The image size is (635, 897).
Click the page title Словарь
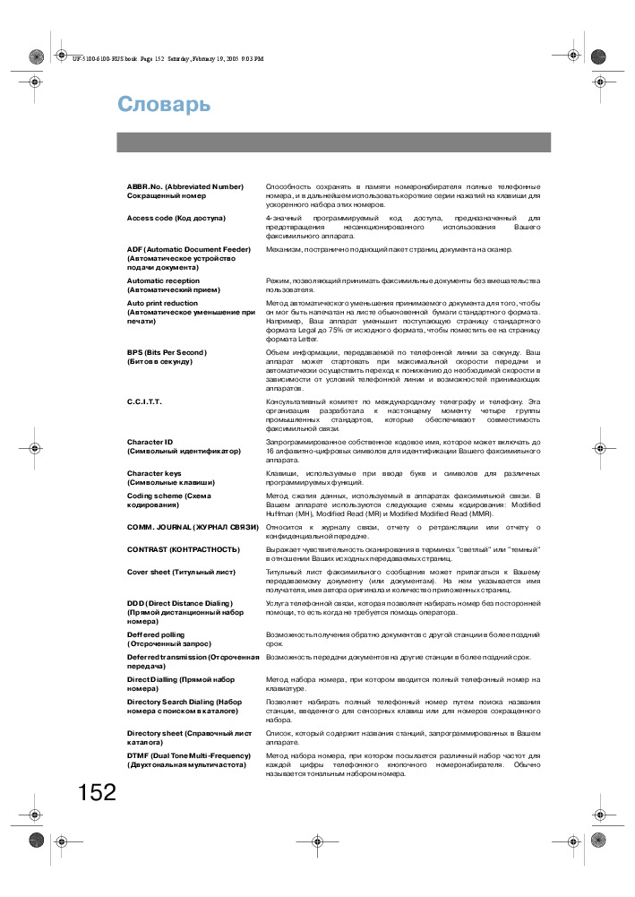click(x=164, y=105)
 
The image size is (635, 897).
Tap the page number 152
click(x=97, y=792)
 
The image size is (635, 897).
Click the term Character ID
click(x=150, y=442)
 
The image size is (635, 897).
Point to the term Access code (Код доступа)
click(x=176, y=218)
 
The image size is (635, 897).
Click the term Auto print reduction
click(x=162, y=303)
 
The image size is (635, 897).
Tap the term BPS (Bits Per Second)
click(x=166, y=352)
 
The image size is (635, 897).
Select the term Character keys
click(x=154, y=473)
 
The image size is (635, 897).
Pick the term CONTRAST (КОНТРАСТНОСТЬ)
click(x=183, y=549)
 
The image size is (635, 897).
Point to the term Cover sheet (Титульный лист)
click(x=181, y=572)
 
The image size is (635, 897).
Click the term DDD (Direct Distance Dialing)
click(x=179, y=603)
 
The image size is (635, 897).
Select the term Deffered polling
click(x=157, y=634)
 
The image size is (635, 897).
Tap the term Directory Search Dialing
click(x=184, y=702)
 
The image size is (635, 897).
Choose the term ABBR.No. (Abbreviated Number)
click(x=184, y=186)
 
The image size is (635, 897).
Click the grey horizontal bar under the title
click(x=333, y=142)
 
